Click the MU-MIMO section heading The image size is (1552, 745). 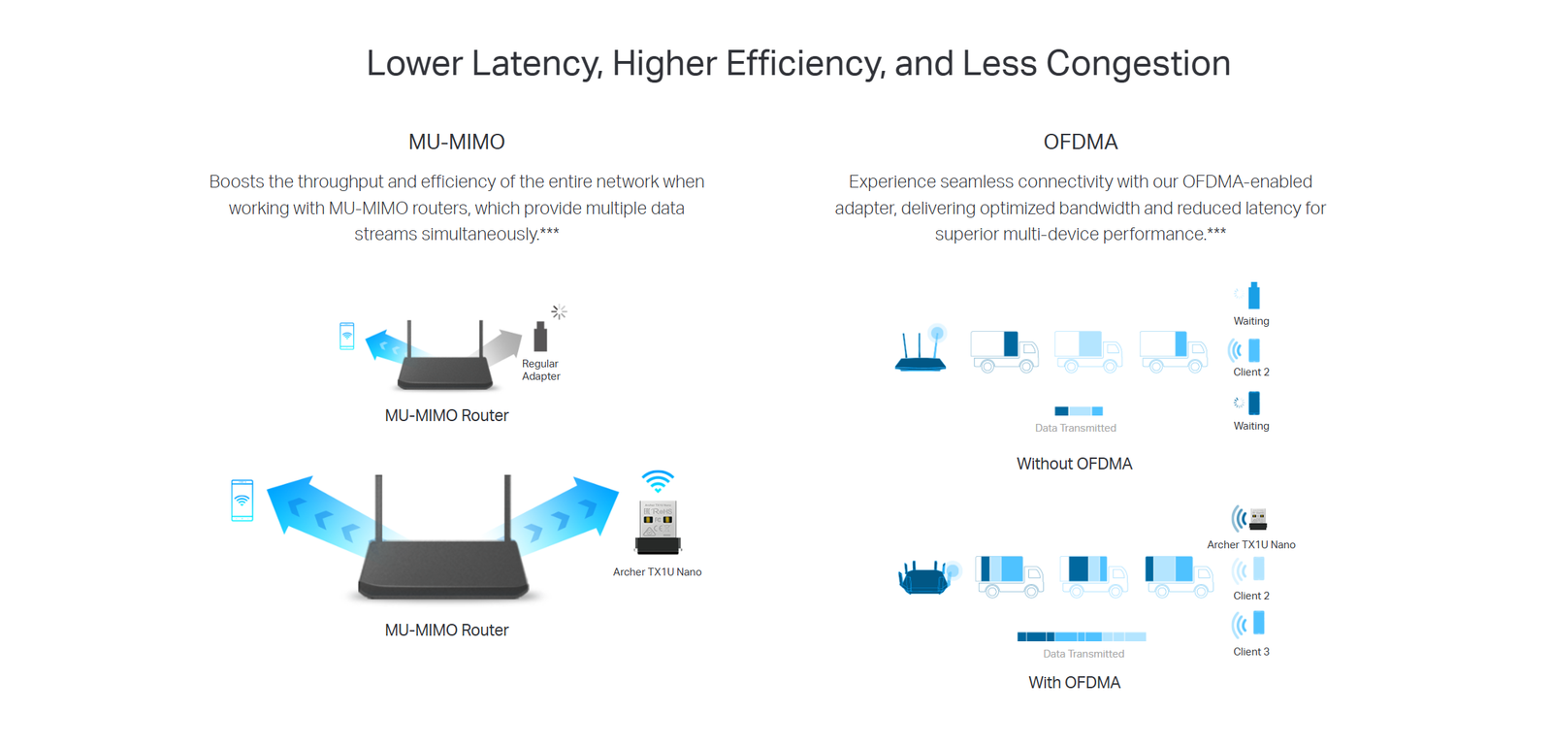(457, 142)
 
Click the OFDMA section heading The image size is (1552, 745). (1081, 142)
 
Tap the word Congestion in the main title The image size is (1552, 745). (1139, 64)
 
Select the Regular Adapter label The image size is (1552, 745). (540, 370)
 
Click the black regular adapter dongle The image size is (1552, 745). (540, 336)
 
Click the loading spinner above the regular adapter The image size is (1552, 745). (559, 311)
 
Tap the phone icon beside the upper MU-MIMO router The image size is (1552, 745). (347, 336)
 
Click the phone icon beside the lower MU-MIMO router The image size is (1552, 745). (242, 501)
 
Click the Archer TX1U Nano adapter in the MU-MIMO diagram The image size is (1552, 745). (658, 528)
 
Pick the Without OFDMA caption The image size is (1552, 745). (1074, 464)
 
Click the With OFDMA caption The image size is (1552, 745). (1074, 683)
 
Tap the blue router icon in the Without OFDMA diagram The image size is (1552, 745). (921, 349)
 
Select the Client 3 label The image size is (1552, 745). (1251, 652)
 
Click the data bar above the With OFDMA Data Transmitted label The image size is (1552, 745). (1082, 636)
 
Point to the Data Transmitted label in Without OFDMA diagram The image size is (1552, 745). (1076, 428)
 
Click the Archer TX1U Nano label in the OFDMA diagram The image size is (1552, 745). (1251, 545)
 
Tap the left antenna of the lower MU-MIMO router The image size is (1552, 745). (379, 509)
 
